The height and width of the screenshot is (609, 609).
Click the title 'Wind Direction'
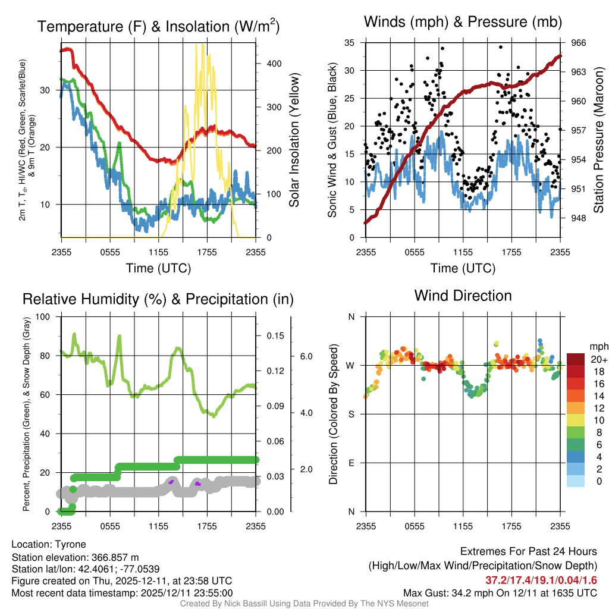pyautogui.click(x=463, y=296)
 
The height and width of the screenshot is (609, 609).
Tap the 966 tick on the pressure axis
pyautogui.click(x=579, y=43)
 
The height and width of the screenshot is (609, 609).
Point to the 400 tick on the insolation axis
pyautogui.click(x=272, y=64)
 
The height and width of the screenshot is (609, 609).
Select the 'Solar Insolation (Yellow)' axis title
pyautogui.click(x=294, y=140)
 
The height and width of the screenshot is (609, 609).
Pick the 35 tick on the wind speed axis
pyautogui.click(x=350, y=43)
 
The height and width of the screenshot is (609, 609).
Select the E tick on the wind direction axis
pyautogui.click(x=351, y=463)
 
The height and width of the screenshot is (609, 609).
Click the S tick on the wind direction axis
pyautogui.click(x=351, y=414)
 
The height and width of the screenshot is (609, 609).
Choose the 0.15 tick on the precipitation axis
pyautogui.click(x=275, y=336)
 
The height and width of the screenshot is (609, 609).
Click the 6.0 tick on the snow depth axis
pyautogui.click(x=306, y=357)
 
